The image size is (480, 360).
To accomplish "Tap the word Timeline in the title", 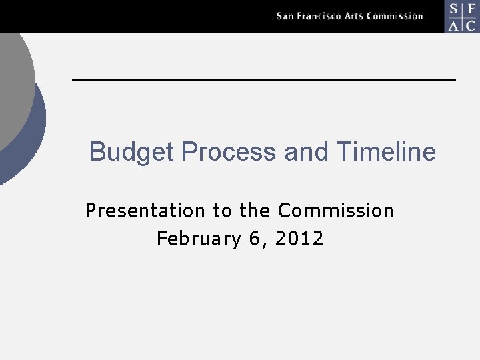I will click(386, 152).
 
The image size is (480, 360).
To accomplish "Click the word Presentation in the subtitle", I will click(145, 211).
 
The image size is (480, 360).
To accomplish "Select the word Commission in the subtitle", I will click(335, 211).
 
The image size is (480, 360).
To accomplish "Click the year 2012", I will click(299, 239).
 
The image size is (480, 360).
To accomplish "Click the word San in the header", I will click(285, 16).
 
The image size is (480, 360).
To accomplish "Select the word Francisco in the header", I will click(319, 16).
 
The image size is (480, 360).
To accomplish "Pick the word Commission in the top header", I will click(397, 16).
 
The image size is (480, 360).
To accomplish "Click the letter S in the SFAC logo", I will click(453, 9).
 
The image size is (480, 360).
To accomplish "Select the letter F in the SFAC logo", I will click(471, 9).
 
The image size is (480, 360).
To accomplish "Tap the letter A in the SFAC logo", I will click(453, 25).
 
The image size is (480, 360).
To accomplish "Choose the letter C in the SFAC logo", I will click(471, 25).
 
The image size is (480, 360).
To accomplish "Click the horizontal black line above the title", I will click(263, 80).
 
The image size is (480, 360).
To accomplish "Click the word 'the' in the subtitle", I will click(254, 211).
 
